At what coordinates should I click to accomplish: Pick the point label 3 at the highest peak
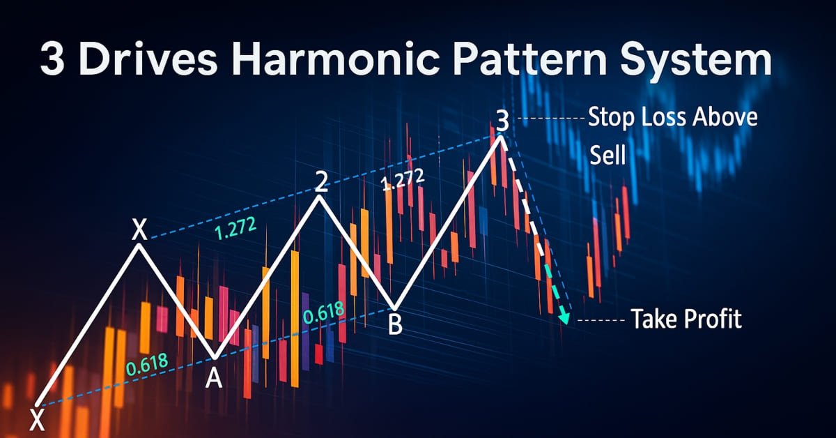(502, 121)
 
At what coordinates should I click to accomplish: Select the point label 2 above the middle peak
(320, 182)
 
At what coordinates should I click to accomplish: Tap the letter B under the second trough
(394, 325)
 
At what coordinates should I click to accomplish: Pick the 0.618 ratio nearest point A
(146, 367)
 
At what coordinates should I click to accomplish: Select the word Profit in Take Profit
(711, 319)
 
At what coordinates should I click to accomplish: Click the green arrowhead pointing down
(564, 318)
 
